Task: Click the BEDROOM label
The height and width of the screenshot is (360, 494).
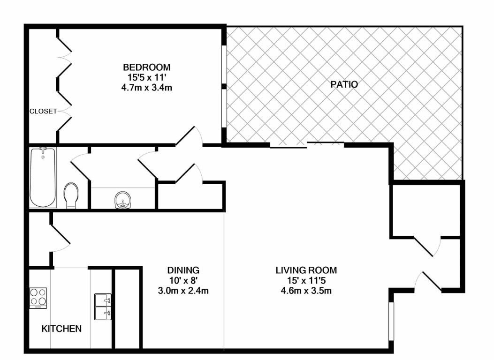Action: tap(146, 67)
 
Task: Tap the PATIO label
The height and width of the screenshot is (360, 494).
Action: tap(344, 84)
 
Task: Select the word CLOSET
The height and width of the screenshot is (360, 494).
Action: tap(43, 112)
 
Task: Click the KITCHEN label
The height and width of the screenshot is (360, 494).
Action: tap(61, 329)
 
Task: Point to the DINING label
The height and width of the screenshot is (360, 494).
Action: tap(183, 270)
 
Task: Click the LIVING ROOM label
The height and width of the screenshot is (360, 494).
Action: tap(306, 270)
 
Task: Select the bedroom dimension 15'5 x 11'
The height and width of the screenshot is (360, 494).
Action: tap(146, 77)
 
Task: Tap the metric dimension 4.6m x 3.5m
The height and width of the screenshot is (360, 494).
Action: tap(306, 291)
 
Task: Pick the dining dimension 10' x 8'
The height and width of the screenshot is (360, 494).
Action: tap(183, 280)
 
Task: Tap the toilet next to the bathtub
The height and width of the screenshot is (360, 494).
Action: tap(71, 195)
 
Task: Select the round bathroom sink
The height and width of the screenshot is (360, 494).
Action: tap(122, 200)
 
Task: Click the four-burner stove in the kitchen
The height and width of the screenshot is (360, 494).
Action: tap(38, 298)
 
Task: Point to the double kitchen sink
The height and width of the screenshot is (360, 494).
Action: tap(103, 307)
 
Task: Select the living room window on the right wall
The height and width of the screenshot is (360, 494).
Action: tap(391, 321)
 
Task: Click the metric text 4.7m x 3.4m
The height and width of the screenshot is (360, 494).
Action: tap(146, 87)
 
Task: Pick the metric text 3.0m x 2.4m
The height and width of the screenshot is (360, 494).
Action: tap(183, 291)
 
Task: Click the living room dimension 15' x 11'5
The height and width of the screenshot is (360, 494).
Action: tap(306, 280)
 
